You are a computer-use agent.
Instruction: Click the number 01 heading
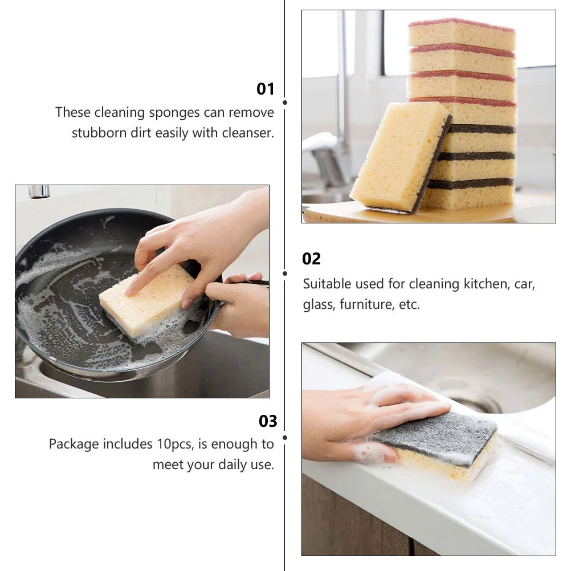click(266, 89)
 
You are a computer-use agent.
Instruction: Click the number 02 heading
click(312, 259)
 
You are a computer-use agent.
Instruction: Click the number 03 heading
click(268, 421)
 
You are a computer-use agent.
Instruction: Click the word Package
click(74, 444)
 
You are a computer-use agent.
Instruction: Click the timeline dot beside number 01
click(285, 103)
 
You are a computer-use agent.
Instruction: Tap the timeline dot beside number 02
click(285, 273)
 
